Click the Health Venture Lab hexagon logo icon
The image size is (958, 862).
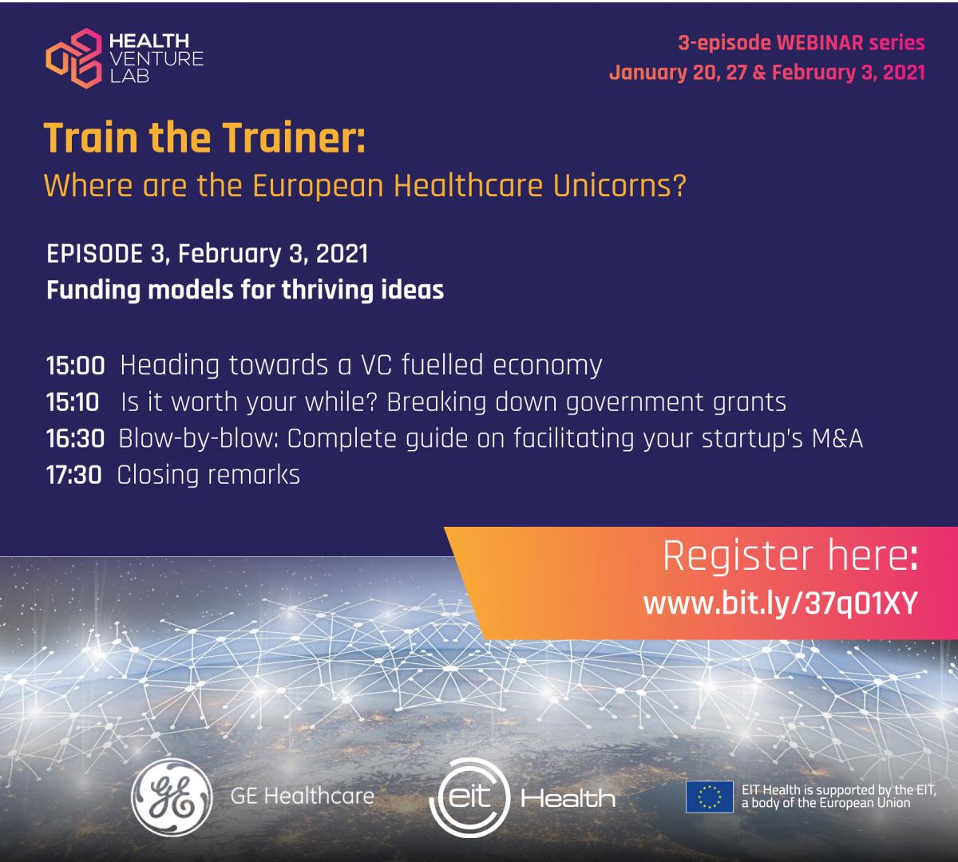click(x=74, y=58)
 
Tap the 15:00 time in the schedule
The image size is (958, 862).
click(x=76, y=366)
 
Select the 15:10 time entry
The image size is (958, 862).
click(x=73, y=402)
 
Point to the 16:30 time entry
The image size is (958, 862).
click(x=76, y=438)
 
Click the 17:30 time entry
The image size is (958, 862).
click(x=74, y=475)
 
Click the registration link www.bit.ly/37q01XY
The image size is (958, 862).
click(x=780, y=603)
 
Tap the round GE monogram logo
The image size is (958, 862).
click(x=172, y=797)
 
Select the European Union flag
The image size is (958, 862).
click(x=709, y=797)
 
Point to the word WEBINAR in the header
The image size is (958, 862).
click(x=820, y=43)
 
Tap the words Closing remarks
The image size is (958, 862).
click(x=208, y=475)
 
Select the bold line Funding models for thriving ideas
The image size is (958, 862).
click(x=245, y=291)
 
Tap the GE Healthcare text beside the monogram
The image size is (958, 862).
click(x=303, y=797)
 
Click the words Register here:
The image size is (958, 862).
click(x=790, y=556)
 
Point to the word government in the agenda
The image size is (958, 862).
click(x=635, y=403)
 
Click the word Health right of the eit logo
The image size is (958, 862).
click(x=568, y=798)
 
